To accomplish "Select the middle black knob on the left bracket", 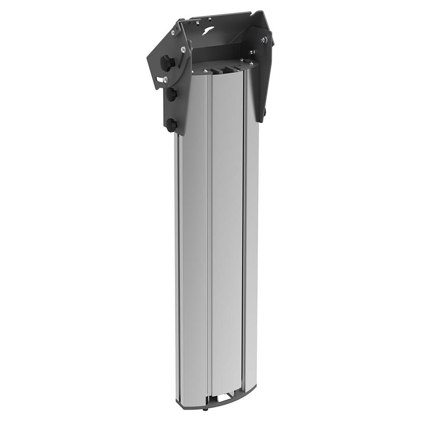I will click(172, 94).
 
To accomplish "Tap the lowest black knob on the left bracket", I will click(172, 125).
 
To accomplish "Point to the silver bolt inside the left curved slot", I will click(165, 80).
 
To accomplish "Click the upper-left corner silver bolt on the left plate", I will click(174, 33).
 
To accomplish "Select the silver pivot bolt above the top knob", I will click(183, 49).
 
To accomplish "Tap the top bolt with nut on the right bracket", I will click(265, 40).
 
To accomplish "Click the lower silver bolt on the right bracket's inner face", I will click(253, 52).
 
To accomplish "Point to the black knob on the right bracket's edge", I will click(264, 112).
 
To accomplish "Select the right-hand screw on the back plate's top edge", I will click(210, 19).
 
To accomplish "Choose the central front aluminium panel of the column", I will click(227, 234).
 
